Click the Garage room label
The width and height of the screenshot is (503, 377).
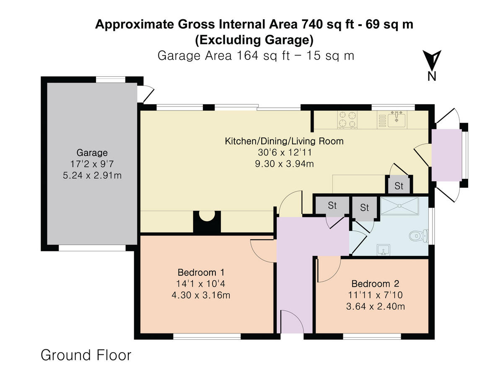(92, 153)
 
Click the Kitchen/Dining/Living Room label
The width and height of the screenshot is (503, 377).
(284, 141)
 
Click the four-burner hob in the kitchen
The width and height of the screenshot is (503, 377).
(347, 119)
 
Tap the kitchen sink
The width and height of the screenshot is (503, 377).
(396, 119)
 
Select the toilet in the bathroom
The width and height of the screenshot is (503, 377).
(417, 236)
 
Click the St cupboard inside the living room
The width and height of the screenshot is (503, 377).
(399, 186)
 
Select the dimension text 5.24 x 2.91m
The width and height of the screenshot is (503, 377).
(92, 176)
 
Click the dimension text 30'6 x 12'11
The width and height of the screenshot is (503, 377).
(284, 152)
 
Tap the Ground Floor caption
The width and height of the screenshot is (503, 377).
(86, 355)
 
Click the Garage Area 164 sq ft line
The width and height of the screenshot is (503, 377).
(256, 55)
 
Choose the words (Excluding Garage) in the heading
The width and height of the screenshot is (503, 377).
(254, 40)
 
